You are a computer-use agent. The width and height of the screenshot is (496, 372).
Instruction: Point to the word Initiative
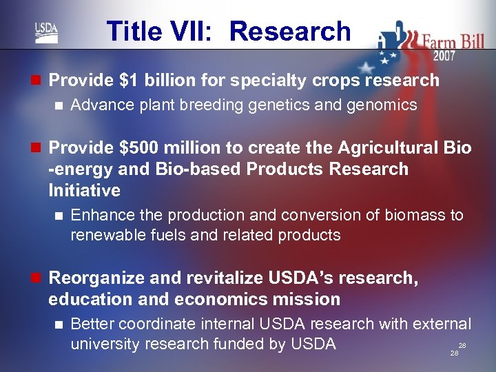pyautogui.click(x=84, y=190)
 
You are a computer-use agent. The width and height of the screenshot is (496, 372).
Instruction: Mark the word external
pyautogui.click(x=441, y=324)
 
